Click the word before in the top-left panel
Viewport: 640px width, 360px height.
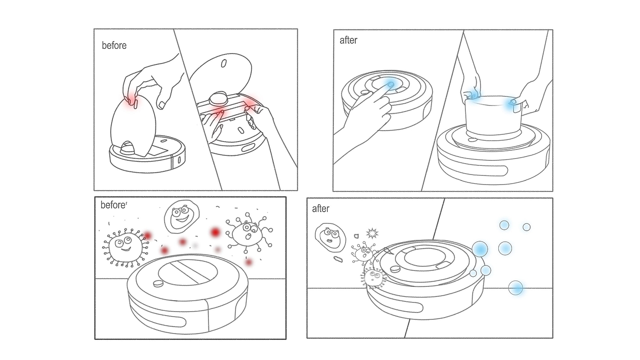click(x=114, y=46)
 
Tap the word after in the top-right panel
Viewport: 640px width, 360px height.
click(x=348, y=40)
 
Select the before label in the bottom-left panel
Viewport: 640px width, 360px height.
click(x=113, y=205)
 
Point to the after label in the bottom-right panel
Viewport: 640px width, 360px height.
click(x=320, y=209)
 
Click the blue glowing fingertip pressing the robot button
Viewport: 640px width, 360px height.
click(x=390, y=85)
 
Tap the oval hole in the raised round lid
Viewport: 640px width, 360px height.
click(x=224, y=64)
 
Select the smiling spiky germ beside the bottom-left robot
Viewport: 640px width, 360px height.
click(x=126, y=247)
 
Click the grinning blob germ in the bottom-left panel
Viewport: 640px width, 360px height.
click(x=181, y=216)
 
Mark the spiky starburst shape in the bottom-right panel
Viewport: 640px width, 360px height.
click(x=372, y=233)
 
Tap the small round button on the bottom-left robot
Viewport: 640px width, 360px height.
click(x=158, y=284)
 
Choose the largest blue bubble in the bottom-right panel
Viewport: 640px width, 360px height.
click(x=480, y=249)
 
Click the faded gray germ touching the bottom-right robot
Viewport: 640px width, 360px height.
click(x=373, y=277)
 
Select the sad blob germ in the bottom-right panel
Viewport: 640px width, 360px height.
click(x=330, y=238)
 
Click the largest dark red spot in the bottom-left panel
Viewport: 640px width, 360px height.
click(x=215, y=232)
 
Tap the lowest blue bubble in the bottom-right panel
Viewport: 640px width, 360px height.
click(x=516, y=288)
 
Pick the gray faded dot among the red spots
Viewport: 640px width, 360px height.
click(x=195, y=245)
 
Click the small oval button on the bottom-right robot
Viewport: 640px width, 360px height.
click(x=395, y=269)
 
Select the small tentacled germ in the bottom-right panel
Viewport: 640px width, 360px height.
click(x=363, y=252)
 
